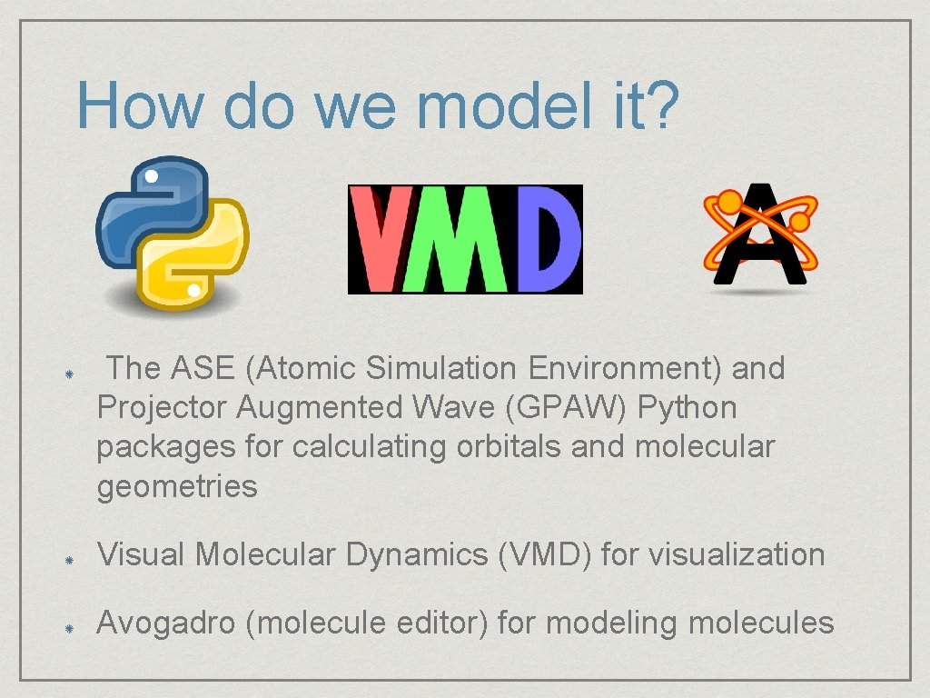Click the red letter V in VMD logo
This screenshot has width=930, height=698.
tap(384, 239)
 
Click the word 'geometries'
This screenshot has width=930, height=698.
tap(177, 486)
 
